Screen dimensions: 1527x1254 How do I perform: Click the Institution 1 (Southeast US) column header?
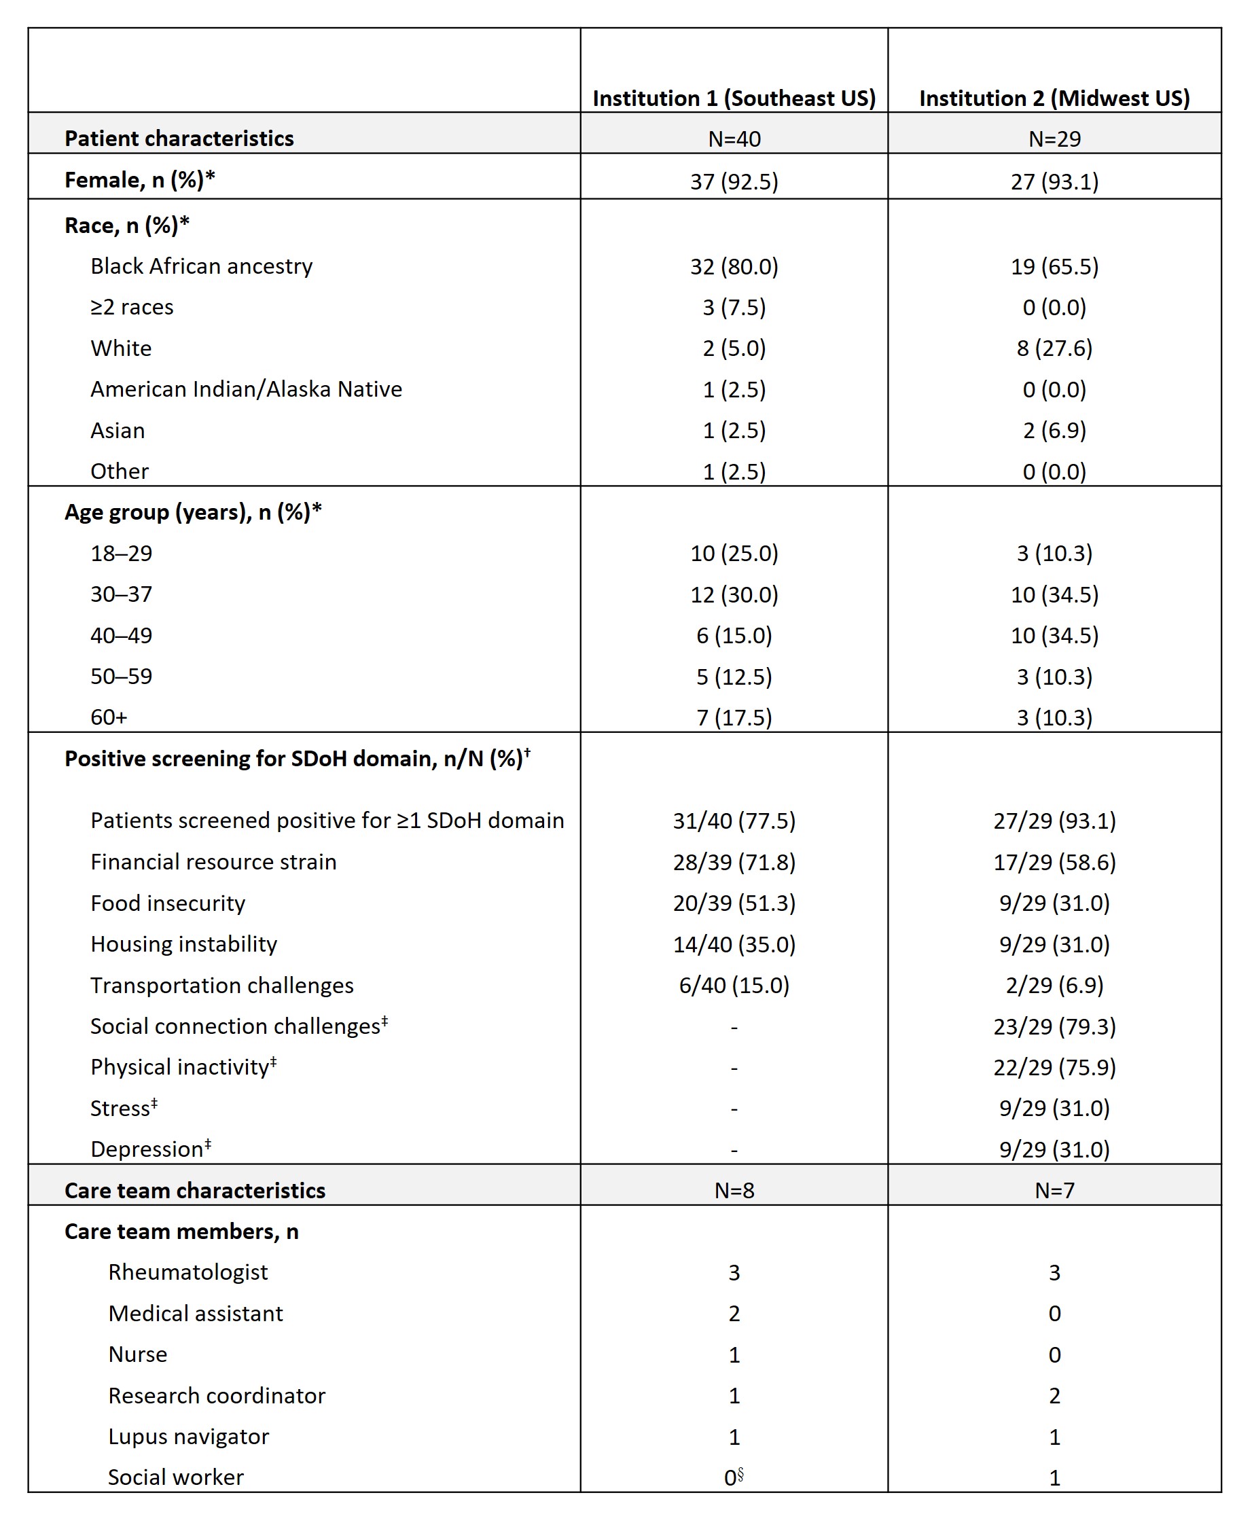point(734,98)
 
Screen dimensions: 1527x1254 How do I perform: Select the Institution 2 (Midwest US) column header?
point(1054,98)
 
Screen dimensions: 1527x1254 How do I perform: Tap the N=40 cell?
point(734,139)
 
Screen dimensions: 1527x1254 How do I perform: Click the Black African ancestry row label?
point(202,266)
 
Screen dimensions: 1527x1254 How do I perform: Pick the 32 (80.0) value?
point(734,266)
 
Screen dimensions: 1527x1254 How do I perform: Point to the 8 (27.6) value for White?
point(1054,348)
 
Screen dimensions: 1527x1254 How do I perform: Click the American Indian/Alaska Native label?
point(247,389)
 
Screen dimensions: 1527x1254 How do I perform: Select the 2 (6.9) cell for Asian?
point(1054,431)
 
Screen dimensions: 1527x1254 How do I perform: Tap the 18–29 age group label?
point(122,554)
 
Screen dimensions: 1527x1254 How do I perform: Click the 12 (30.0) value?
point(734,594)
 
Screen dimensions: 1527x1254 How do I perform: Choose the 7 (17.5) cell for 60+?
point(734,717)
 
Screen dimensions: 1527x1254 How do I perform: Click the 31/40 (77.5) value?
point(734,821)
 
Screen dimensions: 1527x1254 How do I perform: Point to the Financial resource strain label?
point(214,862)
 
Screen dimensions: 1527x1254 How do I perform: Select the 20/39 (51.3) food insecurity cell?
point(734,903)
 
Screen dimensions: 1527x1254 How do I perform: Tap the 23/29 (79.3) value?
point(1054,1026)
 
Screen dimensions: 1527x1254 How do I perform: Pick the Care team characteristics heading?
point(195,1190)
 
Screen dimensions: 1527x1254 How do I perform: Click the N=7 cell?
point(1054,1190)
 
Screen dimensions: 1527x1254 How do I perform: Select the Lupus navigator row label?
point(189,1437)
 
